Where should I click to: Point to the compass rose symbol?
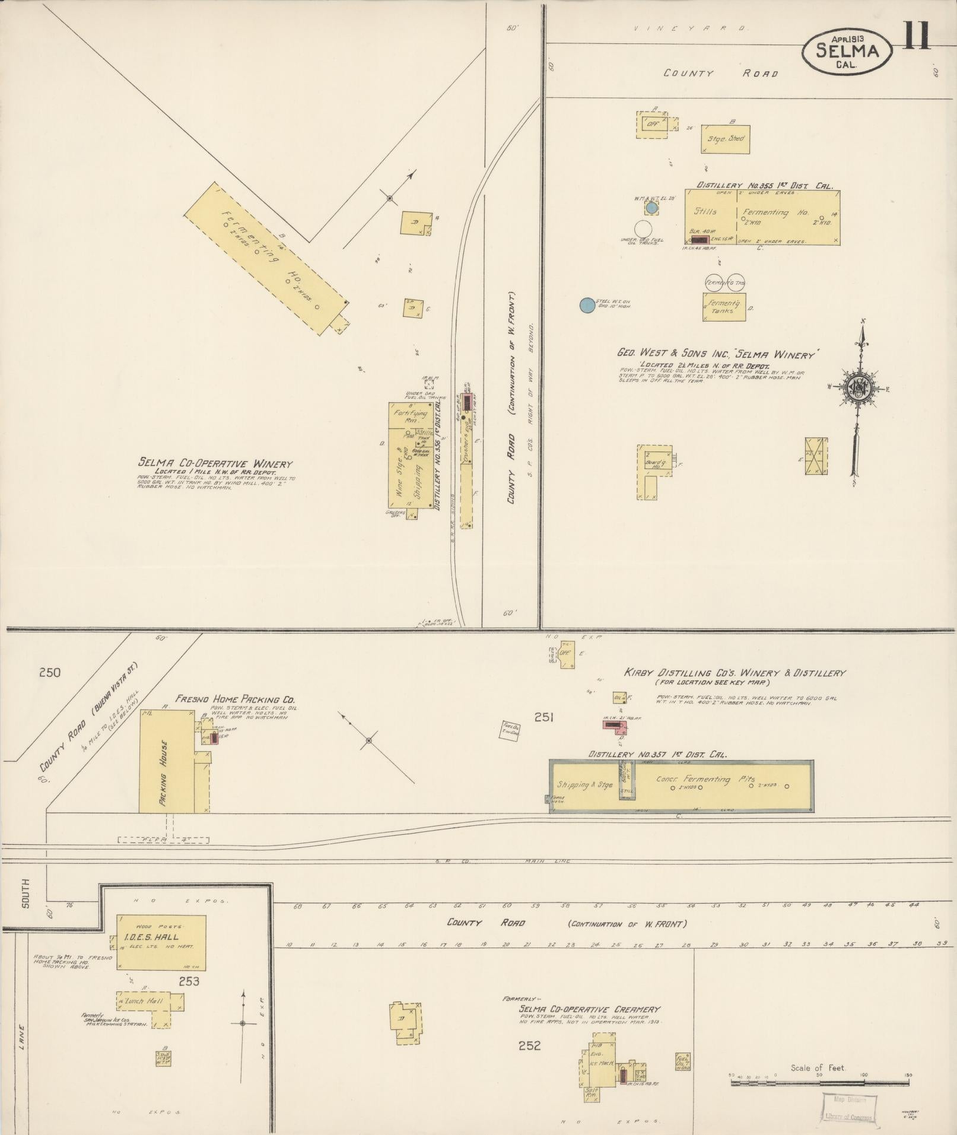[x=858, y=389]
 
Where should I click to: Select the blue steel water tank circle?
[x=587, y=304]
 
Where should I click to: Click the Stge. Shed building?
[x=725, y=139]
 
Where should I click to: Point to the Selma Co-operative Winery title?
[x=215, y=463]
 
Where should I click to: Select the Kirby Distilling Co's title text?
[x=734, y=673]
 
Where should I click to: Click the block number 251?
[x=543, y=718]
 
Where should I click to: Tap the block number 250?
[x=50, y=672]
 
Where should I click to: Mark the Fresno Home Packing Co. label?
[x=234, y=699]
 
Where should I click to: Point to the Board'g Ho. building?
[x=656, y=466]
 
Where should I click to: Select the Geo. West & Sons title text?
[x=718, y=354]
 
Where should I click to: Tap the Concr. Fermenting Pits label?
[x=705, y=779]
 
